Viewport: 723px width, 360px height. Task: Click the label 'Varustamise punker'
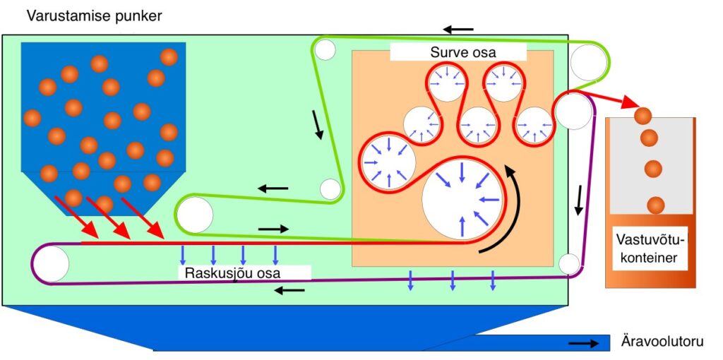pyautogui.click(x=94, y=17)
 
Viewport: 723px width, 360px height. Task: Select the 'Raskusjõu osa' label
pyautogui.click(x=232, y=273)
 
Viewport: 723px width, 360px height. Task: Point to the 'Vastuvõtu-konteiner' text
pyautogui.click(x=650, y=248)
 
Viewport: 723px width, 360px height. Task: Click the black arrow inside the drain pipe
pyautogui.click(x=583, y=343)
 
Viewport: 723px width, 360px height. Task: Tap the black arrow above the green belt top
pyautogui.click(x=458, y=30)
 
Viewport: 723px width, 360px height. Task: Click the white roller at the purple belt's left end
pyautogui.click(x=51, y=264)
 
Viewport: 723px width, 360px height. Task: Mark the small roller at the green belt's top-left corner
pyautogui.click(x=326, y=49)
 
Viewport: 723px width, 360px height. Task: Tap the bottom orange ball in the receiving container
pyautogui.click(x=655, y=204)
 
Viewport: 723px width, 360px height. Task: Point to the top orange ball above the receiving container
pyautogui.click(x=643, y=115)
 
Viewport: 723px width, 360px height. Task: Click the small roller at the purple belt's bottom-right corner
pyautogui.click(x=569, y=264)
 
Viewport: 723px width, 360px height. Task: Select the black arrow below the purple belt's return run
pyautogui.click(x=289, y=290)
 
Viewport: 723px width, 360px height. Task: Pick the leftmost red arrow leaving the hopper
pyautogui.click(x=76, y=217)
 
